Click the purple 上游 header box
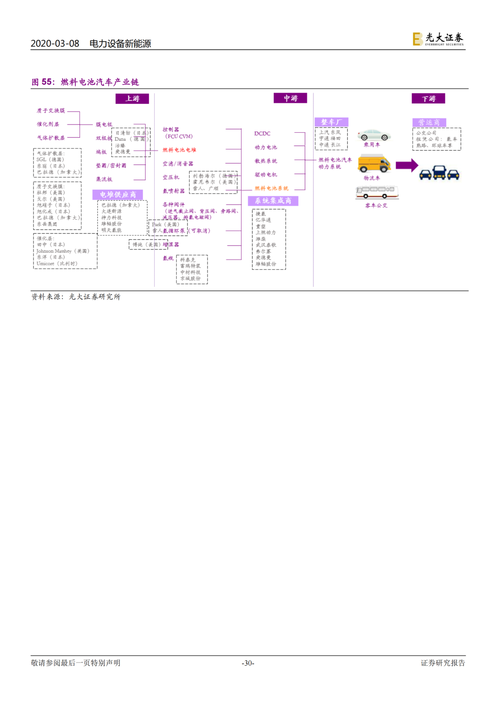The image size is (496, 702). [x=132, y=99]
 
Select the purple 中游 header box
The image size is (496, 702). [x=290, y=98]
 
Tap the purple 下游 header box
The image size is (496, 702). [x=428, y=99]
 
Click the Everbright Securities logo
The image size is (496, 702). [x=438, y=39]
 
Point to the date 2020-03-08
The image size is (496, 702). [x=55, y=44]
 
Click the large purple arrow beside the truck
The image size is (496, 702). [x=407, y=165]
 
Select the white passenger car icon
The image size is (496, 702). [x=374, y=135]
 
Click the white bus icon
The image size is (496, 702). [x=377, y=192]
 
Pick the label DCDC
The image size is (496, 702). [x=262, y=134]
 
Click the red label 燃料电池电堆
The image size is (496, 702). [x=179, y=150]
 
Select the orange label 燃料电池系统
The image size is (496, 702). [x=271, y=188]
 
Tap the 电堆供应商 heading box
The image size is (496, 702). [x=118, y=195]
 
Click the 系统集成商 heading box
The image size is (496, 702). [x=273, y=201]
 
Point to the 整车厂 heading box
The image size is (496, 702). [x=331, y=122]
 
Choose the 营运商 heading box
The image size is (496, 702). [x=429, y=123]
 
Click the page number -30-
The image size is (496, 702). [x=248, y=663]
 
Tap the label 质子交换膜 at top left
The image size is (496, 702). [x=51, y=111]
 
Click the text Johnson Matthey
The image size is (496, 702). [x=54, y=251]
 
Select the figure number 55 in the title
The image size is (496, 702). [x=47, y=82]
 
